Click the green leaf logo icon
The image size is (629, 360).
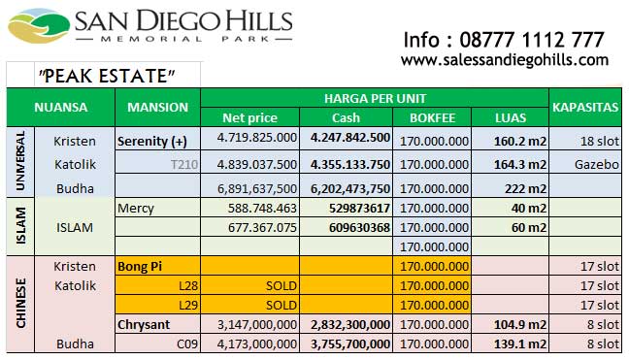click(37, 27)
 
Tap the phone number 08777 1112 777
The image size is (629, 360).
click(505, 40)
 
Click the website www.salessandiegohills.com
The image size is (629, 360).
click(505, 60)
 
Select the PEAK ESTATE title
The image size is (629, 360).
click(107, 76)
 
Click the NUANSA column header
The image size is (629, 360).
click(60, 108)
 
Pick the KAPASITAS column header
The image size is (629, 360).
click(585, 108)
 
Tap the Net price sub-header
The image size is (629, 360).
click(249, 117)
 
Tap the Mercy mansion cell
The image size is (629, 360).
click(135, 208)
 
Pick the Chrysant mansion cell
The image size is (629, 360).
click(144, 324)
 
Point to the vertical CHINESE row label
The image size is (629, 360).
click(20, 303)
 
